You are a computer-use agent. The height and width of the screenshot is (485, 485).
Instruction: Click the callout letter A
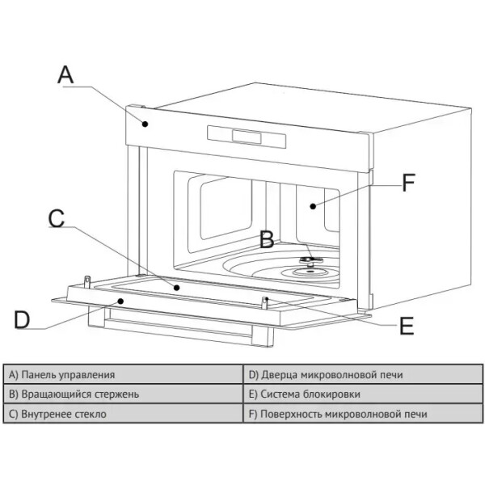pyautogui.click(x=66, y=74)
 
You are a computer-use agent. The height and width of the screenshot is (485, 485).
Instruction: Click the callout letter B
pyautogui.click(x=266, y=240)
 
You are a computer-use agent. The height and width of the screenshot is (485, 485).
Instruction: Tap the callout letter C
pyautogui.click(x=56, y=218)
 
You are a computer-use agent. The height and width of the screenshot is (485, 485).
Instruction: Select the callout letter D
pyautogui.click(x=22, y=319)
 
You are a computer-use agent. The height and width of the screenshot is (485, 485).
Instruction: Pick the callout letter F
pyautogui.click(x=409, y=182)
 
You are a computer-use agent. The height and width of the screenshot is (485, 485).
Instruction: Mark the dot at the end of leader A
pyautogui.click(x=146, y=123)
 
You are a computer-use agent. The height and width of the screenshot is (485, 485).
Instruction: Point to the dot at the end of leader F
pyautogui.click(x=312, y=206)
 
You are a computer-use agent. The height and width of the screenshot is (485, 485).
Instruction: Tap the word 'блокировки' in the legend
pyautogui.click(x=333, y=394)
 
